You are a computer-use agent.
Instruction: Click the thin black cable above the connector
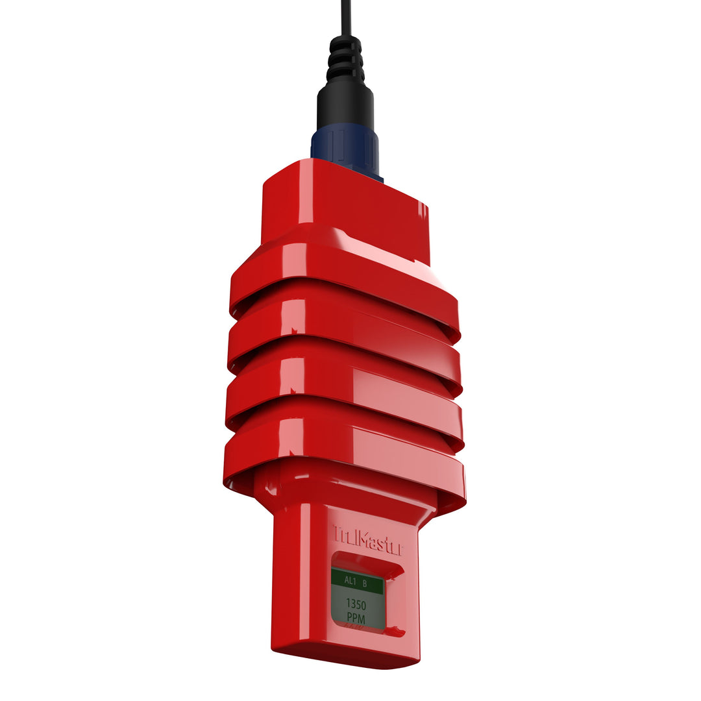346,16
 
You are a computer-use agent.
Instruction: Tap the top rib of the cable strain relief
345,43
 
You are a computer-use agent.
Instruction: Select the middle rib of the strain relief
345,60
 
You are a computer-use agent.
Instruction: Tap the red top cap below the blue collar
344,201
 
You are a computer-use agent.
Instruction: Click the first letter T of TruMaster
338,534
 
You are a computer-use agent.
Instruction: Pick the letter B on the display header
365,584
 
